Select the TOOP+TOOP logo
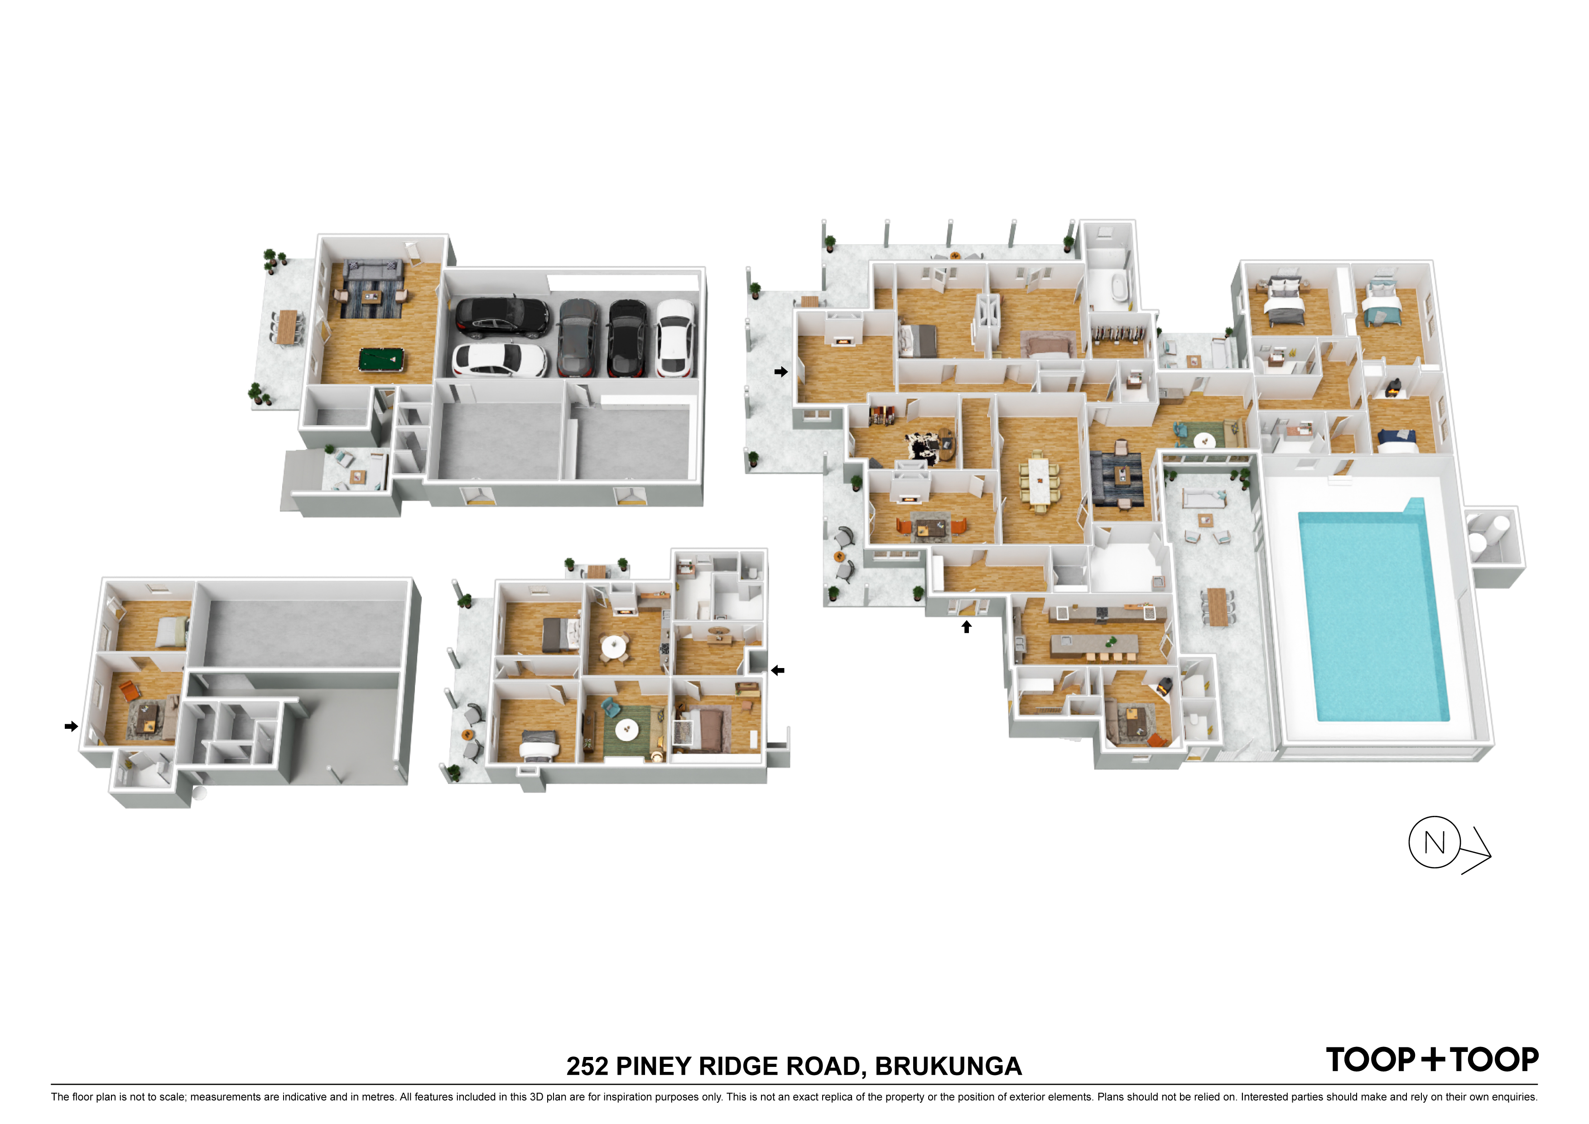click(x=1432, y=1060)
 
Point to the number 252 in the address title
click(x=587, y=1066)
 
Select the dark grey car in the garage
click(x=578, y=337)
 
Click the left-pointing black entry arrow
click(x=778, y=670)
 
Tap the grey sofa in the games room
click(x=373, y=270)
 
